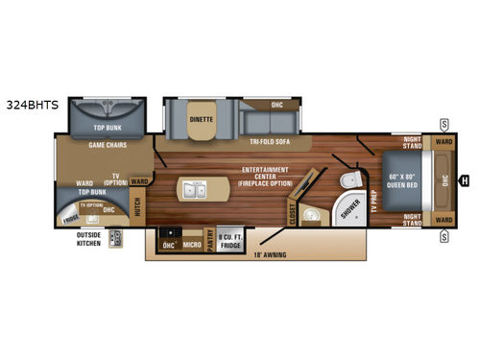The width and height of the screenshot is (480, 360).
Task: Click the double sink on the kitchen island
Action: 200,190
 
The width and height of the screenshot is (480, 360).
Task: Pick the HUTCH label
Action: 137,204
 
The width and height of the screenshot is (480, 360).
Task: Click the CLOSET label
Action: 293,217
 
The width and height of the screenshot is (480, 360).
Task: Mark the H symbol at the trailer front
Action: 464,179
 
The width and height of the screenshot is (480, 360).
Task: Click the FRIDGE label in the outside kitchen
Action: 71,218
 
